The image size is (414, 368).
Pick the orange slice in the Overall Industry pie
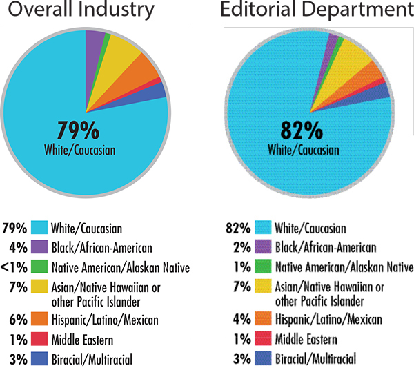[x=146, y=68]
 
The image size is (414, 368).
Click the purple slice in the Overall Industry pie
[x=94, y=39]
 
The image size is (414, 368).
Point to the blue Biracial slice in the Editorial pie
[x=380, y=90]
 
